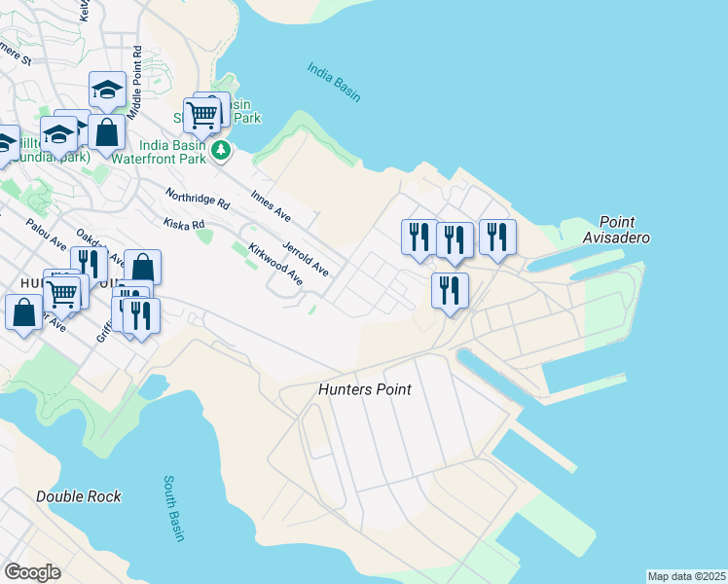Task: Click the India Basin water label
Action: pos(334,82)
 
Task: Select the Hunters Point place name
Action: pos(365,389)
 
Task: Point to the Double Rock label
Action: pos(79,496)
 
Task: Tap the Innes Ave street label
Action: pos(271,205)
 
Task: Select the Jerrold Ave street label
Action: pos(305,256)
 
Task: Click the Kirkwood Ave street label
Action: pos(275,264)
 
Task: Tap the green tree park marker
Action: pos(222,150)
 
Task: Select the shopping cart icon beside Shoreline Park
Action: pos(202,115)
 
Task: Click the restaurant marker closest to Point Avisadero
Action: pos(497,237)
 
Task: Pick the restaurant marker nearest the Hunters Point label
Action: pos(450,290)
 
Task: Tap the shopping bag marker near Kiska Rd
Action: pos(142,268)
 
